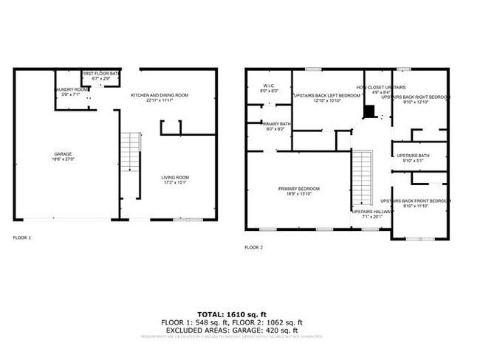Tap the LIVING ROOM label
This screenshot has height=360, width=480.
pos(176,177)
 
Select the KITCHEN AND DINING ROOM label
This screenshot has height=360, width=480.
pos(160,95)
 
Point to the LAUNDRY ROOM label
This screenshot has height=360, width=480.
pos(71,90)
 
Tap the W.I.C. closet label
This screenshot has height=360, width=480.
pos(269,86)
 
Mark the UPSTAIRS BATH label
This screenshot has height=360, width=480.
pos(413,156)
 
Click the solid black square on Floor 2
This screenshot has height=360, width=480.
pos(369,111)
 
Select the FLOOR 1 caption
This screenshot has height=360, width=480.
pos(22,238)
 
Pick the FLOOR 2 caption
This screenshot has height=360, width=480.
pos(253,246)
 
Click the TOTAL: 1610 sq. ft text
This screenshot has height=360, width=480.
pos(232,314)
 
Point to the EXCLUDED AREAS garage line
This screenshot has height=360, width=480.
pos(232,330)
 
